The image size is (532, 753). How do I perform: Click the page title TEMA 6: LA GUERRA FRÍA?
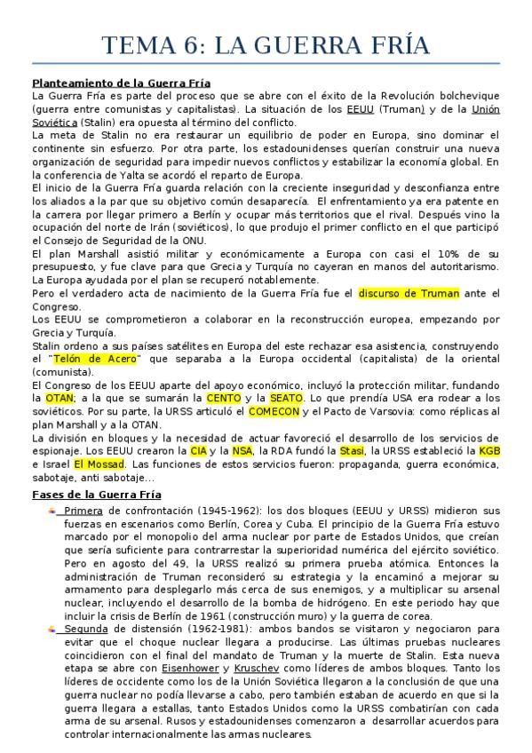point(266,45)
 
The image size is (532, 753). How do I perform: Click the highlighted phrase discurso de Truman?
point(409,293)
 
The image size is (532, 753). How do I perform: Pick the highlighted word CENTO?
point(223,399)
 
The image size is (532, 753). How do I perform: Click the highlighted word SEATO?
point(286,399)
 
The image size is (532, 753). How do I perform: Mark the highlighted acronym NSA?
point(242,451)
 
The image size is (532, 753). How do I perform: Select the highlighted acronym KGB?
point(489,451)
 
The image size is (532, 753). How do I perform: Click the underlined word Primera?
point(83,511)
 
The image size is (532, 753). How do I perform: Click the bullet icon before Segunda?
point(52,629)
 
